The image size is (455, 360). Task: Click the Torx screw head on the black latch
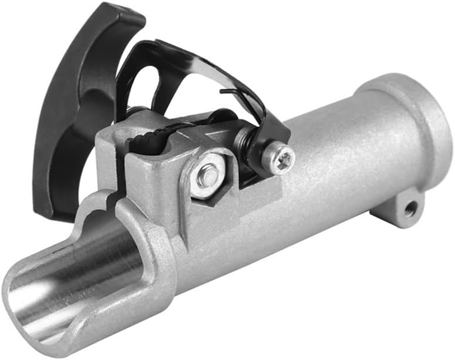click(x=279, y=158)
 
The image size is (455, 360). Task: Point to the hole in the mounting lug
click(x=409, y=207)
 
